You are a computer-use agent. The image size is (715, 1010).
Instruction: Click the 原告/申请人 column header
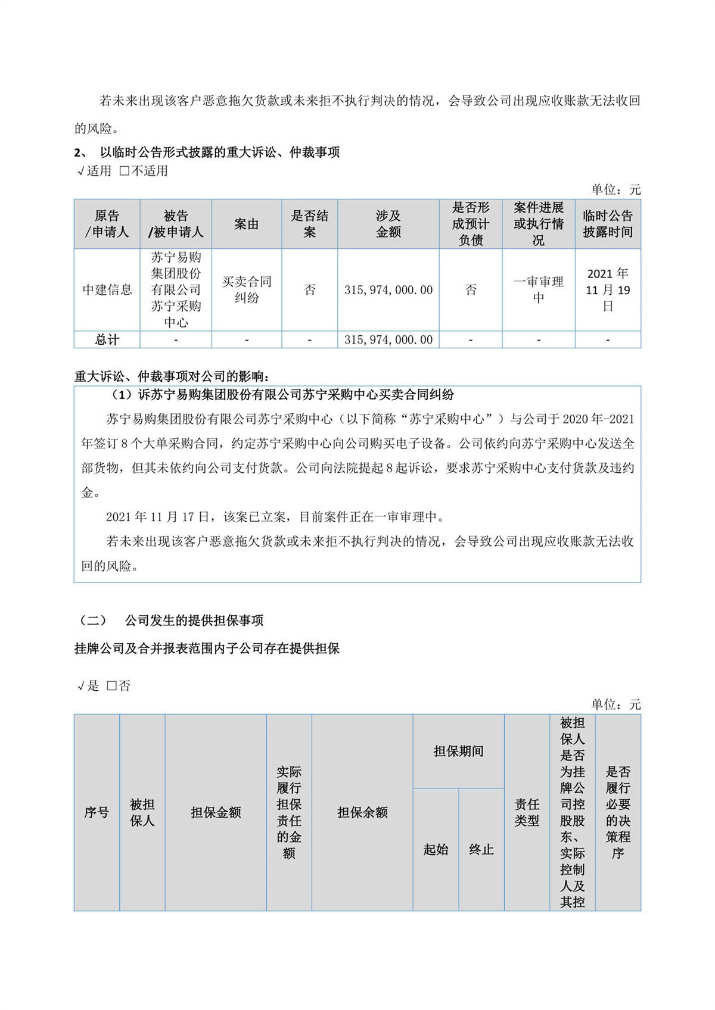pos(107,224)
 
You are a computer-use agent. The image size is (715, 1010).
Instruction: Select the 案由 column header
pos(247,224)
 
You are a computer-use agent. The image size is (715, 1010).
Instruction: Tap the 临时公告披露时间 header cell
pos(608,224)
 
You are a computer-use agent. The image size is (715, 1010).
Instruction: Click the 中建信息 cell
pos(107,290)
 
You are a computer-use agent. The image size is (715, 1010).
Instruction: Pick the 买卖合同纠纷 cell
pos(247,289)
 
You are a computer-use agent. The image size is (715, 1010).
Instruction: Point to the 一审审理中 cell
pos(539,289)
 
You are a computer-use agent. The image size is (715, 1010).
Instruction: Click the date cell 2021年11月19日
pos(608,290)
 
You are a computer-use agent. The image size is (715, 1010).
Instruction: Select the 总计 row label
pos(107,339)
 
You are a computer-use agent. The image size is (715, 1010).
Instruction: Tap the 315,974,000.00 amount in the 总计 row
pos(388,339)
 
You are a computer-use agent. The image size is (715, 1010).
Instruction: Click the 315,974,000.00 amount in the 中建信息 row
pos(388,290)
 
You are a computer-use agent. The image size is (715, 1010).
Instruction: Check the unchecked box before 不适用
pos(125,171)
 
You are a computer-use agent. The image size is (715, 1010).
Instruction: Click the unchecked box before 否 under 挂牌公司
pos(112,685)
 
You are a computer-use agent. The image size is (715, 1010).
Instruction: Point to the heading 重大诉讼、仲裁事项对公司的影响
pos(172,376)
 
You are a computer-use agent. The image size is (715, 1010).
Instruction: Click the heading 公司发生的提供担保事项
pos(194,621)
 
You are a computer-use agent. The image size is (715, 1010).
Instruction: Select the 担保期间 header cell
pos(458,752)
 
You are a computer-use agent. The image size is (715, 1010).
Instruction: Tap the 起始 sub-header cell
pos(436,850)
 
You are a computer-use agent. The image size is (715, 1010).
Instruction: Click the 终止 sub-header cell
pos(481,850)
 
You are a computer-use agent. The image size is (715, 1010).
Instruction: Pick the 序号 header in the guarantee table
pos(97,812)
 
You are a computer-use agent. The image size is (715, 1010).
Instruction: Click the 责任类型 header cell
pos(527,812)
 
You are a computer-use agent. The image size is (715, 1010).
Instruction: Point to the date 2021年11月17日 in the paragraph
pos(158,517)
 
